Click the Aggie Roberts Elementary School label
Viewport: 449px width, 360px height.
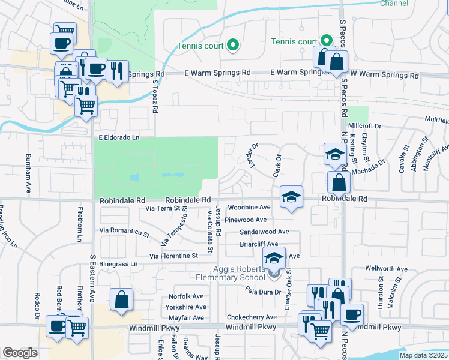[x=230, y=272]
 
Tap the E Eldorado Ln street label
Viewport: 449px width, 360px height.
[x=119, y=137]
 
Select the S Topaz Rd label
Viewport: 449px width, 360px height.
[x=155, y=97]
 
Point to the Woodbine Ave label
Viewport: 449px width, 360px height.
[x=249, y=207]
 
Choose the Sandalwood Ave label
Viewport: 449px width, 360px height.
[x=264, y=232]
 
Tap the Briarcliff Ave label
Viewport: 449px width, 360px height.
[x=259, y=244]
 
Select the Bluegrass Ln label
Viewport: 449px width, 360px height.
[x=118, y=263]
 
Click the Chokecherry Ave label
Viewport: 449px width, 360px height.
[x=252, y=317]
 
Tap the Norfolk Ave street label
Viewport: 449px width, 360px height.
[x=186, y=296]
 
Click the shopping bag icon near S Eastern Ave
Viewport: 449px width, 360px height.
[x=121, y=299]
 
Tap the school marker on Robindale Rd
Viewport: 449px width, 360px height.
[x=291, y=197]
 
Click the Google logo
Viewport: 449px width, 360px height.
[x=20, y=353]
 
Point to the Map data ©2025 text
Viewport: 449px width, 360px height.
[x=423, y=355]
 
